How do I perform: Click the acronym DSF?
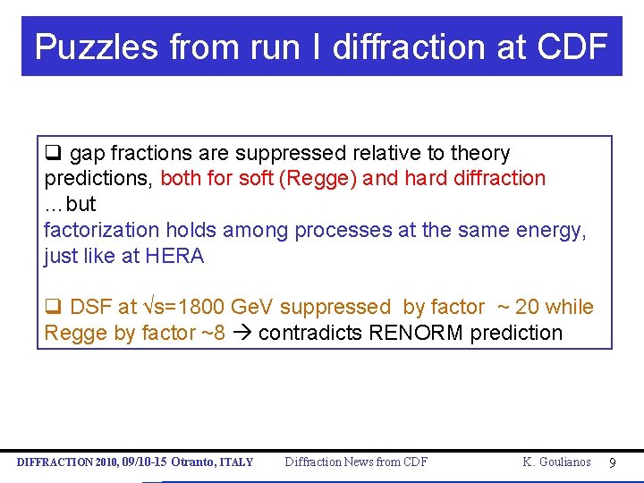click(90, 308)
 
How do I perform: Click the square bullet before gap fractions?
click(52, 153)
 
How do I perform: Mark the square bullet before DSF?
click(52, 308)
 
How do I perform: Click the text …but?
click(70, 204)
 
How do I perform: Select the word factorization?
click(98, 230)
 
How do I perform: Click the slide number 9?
click(612, 462)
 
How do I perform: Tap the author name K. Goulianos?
click(556, 462)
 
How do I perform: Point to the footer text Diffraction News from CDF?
click(356, 462)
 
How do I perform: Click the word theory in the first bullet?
click(479, 153)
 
